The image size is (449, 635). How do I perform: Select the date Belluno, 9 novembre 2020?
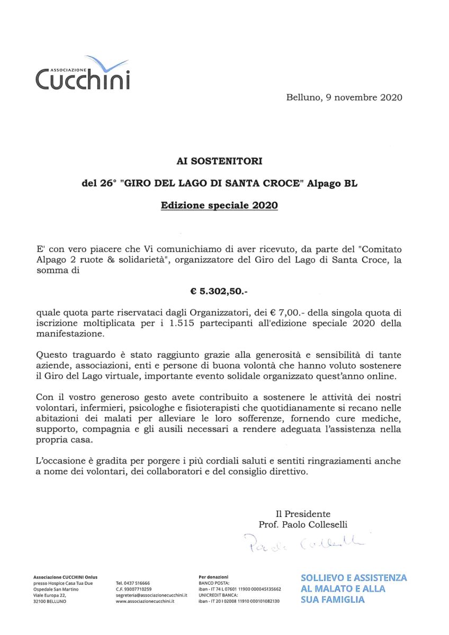tap(344, 97)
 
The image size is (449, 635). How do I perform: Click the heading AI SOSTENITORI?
tap(220, 159)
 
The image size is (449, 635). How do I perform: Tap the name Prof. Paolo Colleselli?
tap(303, 524)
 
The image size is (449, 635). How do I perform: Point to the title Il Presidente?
tap(303, 514)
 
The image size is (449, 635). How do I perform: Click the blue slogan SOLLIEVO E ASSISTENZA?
tap(354, 577)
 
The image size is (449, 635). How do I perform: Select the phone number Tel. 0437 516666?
tap(132, 583)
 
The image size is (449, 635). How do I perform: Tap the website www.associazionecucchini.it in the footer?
tap(145, 602)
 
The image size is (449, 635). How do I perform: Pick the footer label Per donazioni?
tap(213, 576)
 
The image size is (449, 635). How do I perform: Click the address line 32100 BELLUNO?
tap(50, 602)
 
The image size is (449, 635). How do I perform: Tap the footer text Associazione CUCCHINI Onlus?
tap(65, 577)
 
